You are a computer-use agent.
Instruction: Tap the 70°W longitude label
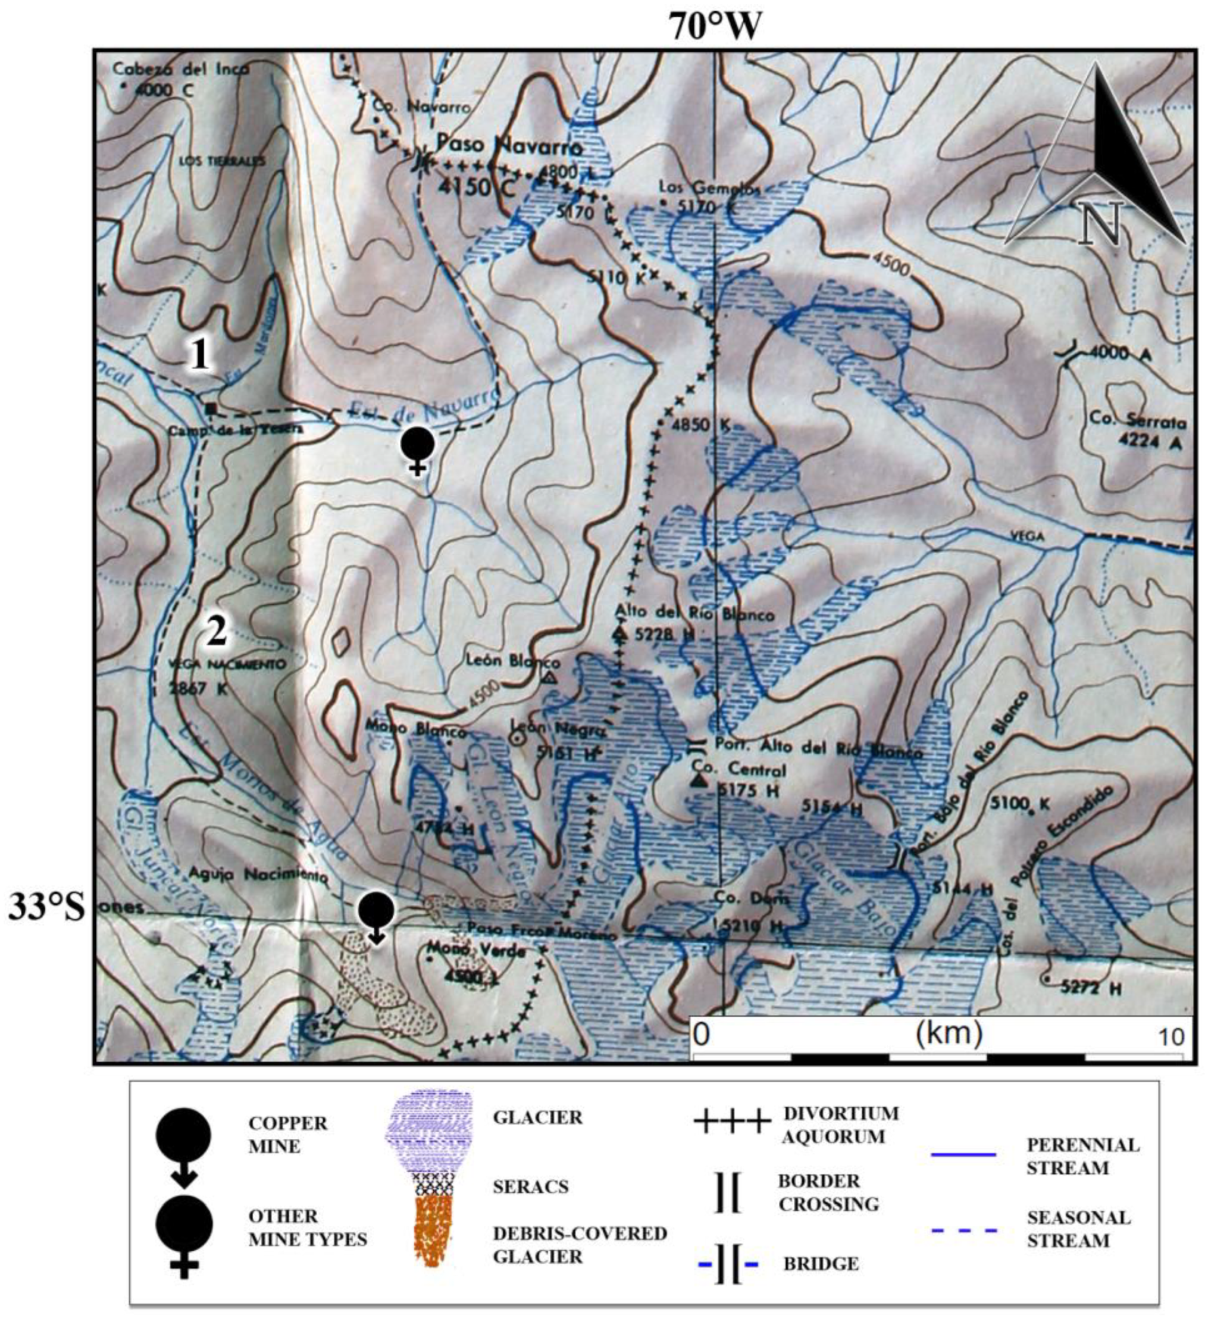tap(715, 27)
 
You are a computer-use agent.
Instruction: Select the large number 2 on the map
tap(217, 631)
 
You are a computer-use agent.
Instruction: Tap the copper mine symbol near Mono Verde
tap(377, 916)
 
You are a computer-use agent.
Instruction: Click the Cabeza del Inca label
tap(180, 68)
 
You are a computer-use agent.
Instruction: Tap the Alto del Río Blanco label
tap(694, 613)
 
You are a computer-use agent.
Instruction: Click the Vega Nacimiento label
tap(218, 664)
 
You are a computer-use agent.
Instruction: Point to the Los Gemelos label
tap(709, 188)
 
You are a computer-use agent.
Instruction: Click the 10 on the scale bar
tap(1170, 1036)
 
